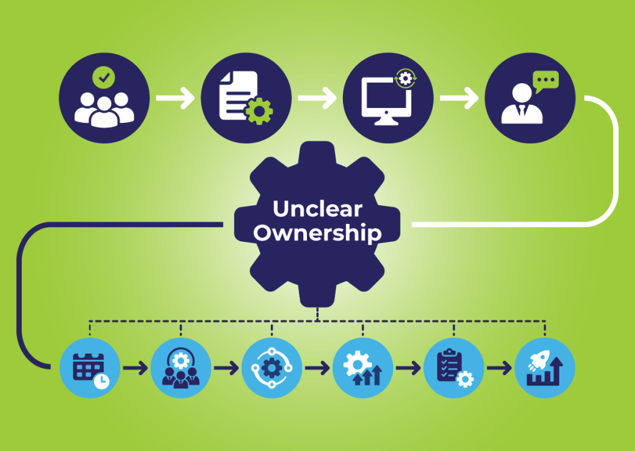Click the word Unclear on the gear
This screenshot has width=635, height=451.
coord(317,209)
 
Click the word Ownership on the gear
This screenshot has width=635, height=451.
coord(317,233)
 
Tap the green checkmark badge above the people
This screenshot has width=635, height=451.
coord(104,78)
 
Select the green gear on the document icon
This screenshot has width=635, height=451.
coord(259,110)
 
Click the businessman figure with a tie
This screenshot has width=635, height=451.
coord(522,104)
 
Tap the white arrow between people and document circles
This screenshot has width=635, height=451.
coord(175,98)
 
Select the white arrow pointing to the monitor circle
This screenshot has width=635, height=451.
coord(317,98)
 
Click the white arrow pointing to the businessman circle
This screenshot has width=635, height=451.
coord(460,98)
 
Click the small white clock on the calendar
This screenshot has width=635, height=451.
coord(101,382)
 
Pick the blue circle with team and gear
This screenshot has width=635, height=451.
coord(180,368)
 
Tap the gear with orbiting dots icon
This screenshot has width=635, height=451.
coord(272,368)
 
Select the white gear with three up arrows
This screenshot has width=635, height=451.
coord(362,368)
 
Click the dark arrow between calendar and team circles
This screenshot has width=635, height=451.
coord(135,368)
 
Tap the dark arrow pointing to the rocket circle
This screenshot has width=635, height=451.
coord(499,368)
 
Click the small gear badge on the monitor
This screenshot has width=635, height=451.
coord(406,78)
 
